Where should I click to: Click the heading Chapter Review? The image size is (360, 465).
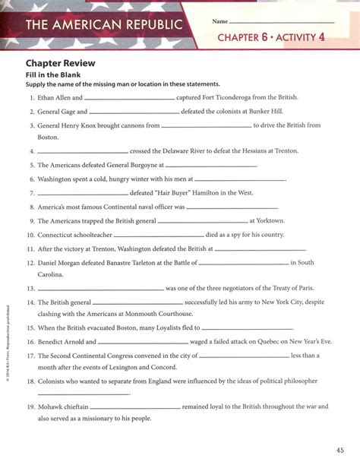[x=59, y=64]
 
